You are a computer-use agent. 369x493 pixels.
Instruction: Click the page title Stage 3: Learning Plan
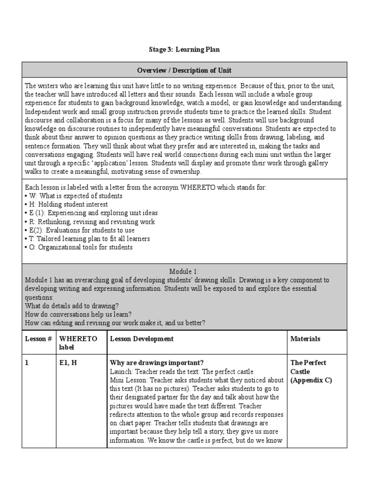point(184,50)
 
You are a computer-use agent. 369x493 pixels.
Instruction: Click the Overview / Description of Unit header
point(184,70)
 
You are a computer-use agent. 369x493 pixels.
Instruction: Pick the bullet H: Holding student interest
point(66,205)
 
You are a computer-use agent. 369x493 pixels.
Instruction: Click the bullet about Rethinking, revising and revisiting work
point(89,222)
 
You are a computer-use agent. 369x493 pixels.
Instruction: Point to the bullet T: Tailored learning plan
point(87,239)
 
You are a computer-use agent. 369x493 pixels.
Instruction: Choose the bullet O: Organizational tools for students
point(78,247)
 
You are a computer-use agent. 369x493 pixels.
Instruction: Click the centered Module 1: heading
point(184,272)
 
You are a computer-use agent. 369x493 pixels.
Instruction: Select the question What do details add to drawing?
point(72,306)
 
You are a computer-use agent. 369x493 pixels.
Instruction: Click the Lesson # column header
point(38,339)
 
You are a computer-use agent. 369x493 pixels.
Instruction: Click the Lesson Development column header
point(142,339)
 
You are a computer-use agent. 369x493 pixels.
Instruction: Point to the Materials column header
point(305,339)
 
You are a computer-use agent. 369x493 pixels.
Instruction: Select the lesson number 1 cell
point(27,363)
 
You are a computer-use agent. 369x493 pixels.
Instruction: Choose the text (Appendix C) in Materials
point(311,380)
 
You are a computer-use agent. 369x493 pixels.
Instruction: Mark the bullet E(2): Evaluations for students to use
point(86,230)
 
